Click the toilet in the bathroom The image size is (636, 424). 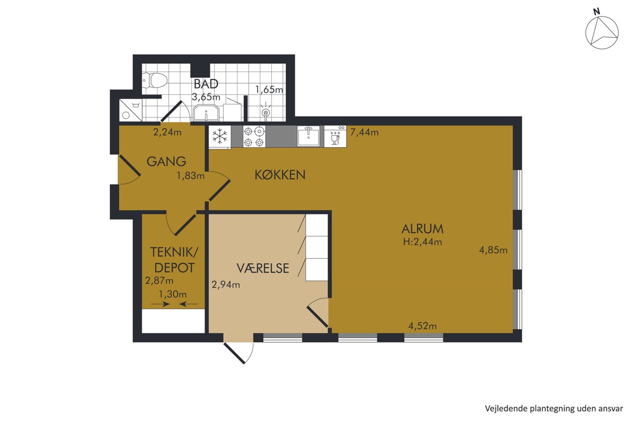click(155, 81)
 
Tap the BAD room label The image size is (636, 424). click(206, 84)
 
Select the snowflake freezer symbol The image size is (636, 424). click(220, 136)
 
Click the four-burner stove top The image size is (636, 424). click(254, 136)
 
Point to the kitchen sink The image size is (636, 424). click(308, 136)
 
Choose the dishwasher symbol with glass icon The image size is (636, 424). click(335, 136)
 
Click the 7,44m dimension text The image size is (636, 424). click(364, 132)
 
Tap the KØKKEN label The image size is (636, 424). click(280, 175)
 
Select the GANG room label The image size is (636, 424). click(166, 162)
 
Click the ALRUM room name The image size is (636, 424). click(422, 229)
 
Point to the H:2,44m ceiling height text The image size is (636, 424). click(422, 242)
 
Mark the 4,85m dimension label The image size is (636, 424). click(493, 250)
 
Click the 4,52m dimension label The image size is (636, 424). click(422, 326)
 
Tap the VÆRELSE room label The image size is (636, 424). click(263, 268)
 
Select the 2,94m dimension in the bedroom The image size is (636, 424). click(226, 285)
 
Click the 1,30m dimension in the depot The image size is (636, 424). click(173, 294)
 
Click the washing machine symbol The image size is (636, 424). click(130, 110)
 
